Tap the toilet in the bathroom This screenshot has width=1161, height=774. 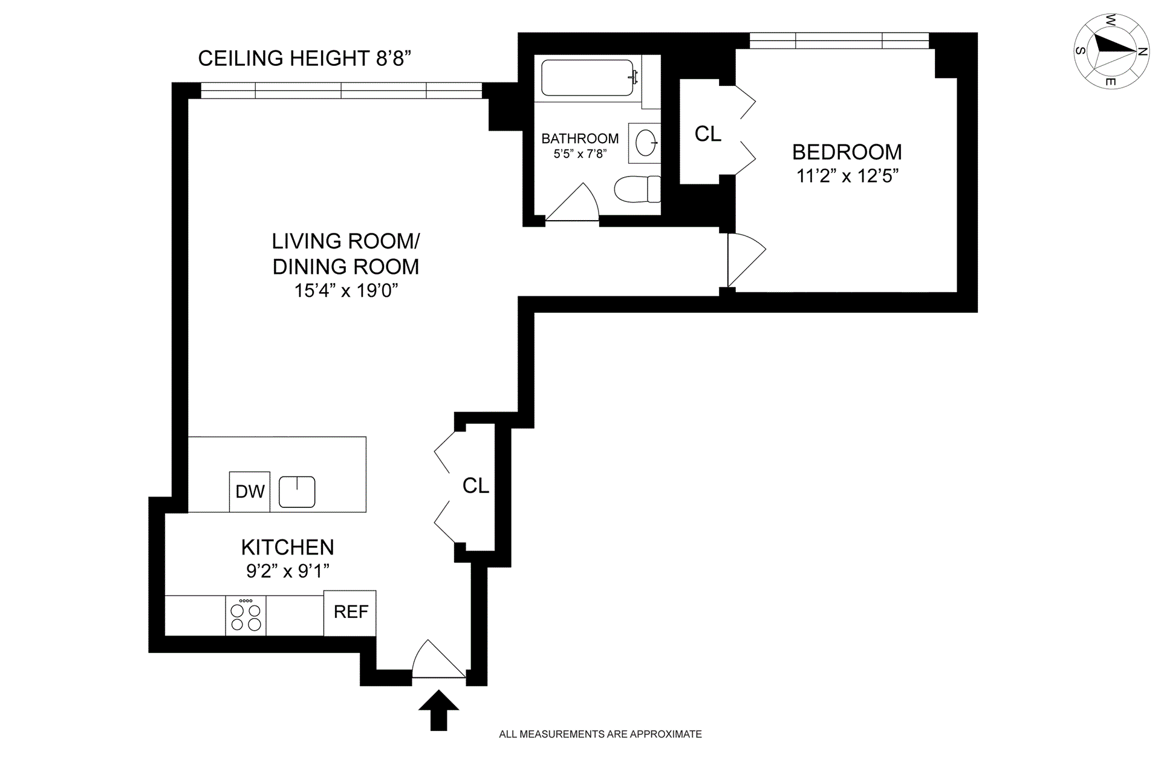637,189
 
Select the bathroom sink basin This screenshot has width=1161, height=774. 646,143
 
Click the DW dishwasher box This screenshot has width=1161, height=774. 250,492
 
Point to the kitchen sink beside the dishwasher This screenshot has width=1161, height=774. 297,492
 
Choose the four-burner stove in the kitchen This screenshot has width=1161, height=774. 246,616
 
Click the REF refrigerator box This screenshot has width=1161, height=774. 350,613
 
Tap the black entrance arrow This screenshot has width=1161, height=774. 438,711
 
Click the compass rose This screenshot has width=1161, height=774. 1111,51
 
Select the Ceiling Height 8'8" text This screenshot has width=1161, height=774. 305,58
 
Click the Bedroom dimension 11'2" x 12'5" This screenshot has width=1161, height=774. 847,176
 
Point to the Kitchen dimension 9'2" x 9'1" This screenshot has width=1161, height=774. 288,570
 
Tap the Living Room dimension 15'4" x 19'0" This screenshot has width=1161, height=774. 346,290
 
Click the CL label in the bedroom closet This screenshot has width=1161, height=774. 708,134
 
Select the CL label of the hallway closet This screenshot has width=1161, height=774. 476,486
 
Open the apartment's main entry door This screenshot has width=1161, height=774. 439,659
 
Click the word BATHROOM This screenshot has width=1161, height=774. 580,138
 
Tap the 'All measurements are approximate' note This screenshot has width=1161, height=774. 600,734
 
